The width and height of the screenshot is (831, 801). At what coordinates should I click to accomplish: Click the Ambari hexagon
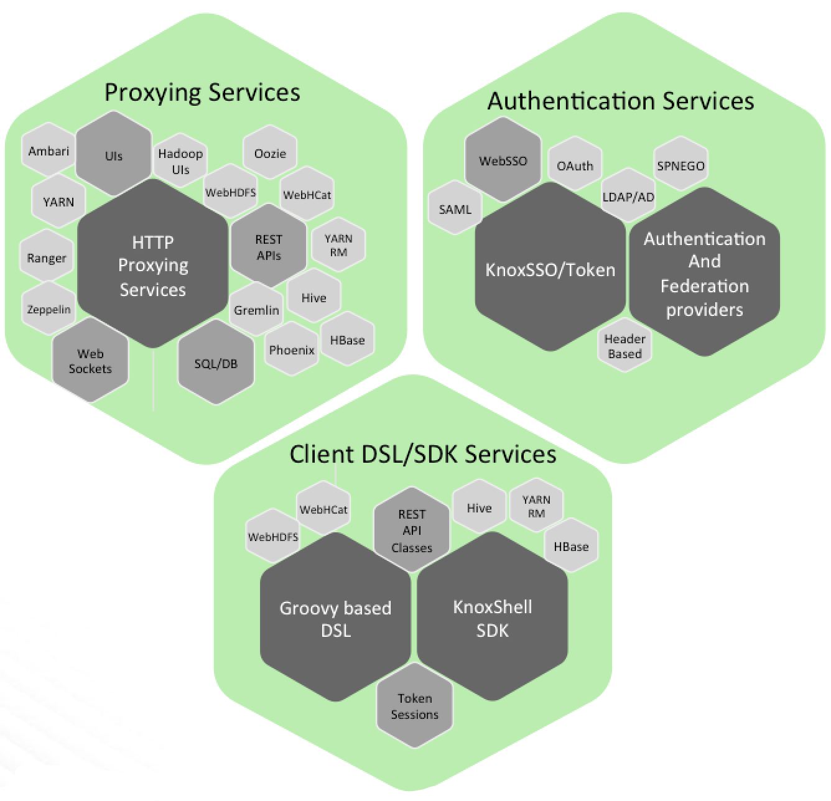(49, 151)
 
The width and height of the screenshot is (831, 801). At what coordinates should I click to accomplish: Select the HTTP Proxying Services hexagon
(152, 266)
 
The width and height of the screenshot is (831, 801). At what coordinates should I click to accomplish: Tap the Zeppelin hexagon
(49, 309)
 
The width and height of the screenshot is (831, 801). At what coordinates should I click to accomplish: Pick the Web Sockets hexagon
(90, 361)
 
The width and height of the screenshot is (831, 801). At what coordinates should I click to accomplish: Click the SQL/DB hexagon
(216, 364)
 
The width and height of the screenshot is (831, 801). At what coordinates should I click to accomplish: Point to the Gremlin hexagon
(256, 310)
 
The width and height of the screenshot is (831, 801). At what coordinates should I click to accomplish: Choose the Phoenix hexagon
(292, 350)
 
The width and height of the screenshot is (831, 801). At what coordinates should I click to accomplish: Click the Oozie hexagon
(270, 153)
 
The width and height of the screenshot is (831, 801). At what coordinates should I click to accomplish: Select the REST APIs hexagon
(269, 248)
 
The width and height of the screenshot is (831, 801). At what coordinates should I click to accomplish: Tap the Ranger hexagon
(47, 258)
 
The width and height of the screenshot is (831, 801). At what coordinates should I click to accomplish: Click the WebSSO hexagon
(503, 160)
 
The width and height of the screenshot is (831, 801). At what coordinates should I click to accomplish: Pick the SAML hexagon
(455, 210)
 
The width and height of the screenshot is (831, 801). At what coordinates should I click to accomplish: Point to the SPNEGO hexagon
(680, 166)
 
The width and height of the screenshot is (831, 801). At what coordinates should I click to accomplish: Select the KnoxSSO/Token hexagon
(550, 269)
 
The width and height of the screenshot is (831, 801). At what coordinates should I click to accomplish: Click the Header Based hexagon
(624, 346)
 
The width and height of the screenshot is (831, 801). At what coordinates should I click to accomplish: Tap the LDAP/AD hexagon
(628, 197)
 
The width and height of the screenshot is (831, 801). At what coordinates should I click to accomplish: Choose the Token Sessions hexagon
(414, 706)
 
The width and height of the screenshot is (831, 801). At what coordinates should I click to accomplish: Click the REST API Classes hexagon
(412, 531)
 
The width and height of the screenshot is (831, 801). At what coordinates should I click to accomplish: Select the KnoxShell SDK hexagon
(492, 618)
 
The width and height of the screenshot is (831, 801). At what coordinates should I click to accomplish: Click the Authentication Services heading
(620, 101)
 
